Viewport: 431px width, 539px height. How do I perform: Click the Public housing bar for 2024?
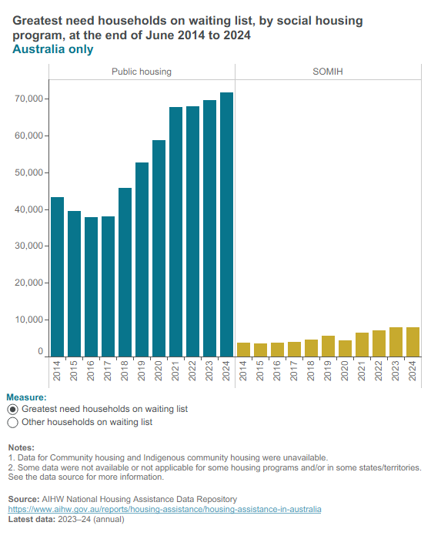tap(226, 225)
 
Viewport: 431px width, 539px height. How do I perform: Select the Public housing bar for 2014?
tap(58, 276)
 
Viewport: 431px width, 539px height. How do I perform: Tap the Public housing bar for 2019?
tap(142, 259)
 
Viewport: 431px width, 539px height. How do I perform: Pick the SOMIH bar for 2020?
tap(345, 348)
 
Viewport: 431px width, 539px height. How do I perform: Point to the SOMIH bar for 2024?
tap(413, 342)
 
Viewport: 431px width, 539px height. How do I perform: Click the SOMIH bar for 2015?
tap(261, 350)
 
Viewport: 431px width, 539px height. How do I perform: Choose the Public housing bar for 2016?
tap(91, 286)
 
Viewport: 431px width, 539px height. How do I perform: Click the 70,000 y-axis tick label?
tap(29, 99)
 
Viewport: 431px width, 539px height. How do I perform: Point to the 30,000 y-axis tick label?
tap(29, 246)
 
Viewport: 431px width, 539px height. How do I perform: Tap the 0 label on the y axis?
tap(41, 351)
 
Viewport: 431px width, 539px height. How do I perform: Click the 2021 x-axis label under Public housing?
tap(175, 370)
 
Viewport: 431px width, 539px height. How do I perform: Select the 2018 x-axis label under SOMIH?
tap(311, 370)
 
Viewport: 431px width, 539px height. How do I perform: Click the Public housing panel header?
tap(142, 72)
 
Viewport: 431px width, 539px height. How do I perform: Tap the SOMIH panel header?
tap(328, 72)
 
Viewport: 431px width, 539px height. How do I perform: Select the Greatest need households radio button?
tap(13, 410)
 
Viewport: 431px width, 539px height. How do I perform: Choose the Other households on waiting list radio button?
tap(13, 423)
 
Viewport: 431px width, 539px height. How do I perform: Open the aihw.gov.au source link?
tap(165, 509)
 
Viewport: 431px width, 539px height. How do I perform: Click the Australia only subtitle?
tap(53, 49)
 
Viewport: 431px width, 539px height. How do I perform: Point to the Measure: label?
tap(26, 397)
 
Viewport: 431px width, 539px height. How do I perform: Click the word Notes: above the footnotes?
tap(22, 447)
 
